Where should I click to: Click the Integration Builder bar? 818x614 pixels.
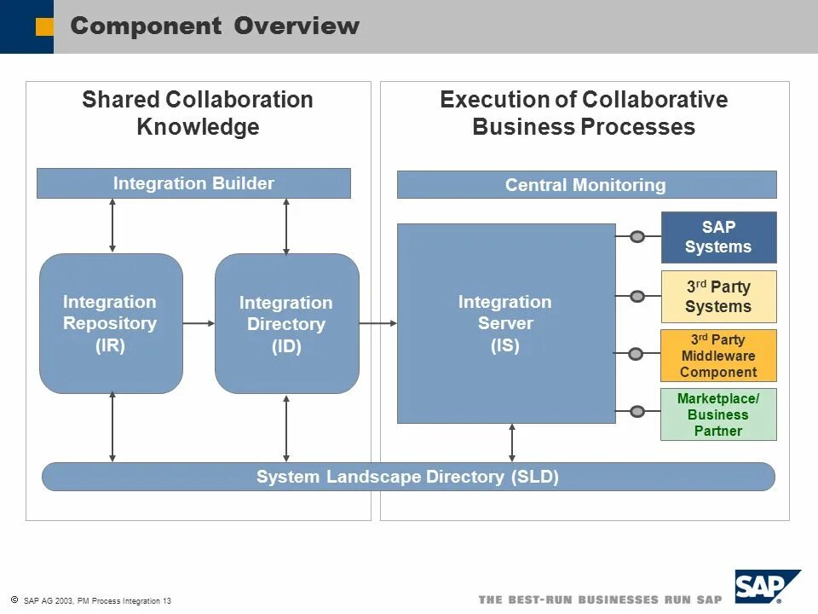[193, 183]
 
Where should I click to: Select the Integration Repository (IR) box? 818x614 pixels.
[111, 323]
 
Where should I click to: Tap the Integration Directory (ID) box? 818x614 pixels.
[286, 324]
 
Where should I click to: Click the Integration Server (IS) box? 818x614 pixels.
[505, 323]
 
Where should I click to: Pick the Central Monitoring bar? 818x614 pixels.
[586, 185]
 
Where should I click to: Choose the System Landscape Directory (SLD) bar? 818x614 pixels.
[408, 477]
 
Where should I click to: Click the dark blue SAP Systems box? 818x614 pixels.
[718, 237]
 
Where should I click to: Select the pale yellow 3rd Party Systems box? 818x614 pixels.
[718, 297]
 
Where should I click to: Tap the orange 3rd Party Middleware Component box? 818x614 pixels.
[718, 356]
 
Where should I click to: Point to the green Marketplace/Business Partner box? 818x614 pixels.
[718, 414]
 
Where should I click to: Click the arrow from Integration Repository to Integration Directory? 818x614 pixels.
[199, 323]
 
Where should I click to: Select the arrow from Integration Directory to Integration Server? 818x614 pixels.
[378, 323]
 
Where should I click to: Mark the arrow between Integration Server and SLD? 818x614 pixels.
[512, 443]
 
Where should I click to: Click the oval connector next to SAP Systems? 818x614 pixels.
[637, 237]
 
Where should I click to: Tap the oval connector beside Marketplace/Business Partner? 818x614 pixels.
[637, 412]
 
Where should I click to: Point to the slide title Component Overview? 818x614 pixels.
[215, 26]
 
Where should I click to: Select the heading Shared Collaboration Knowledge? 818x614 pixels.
[198, 113]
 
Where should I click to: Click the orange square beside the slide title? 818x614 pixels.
[44, 27]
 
